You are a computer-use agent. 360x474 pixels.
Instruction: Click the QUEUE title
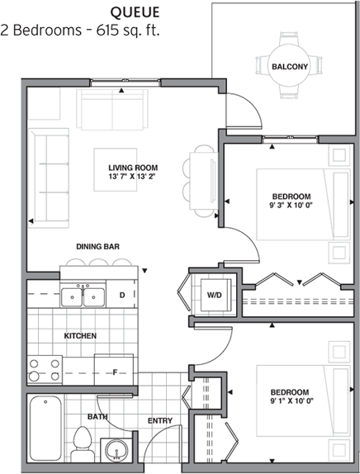[135, 12]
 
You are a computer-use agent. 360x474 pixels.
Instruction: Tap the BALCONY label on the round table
[290, 67]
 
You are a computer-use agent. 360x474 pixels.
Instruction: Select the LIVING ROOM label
[133, 168]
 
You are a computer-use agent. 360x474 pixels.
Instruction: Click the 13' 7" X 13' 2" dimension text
[133, 177]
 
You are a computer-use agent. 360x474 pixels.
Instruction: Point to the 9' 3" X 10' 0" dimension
[291, 206]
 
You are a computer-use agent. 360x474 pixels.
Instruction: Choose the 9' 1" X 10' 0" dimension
[291, 401]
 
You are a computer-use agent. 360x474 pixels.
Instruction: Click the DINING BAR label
[97, 247]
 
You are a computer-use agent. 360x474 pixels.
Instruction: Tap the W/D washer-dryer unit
[216, 295]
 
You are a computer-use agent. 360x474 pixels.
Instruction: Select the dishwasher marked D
[121, 295]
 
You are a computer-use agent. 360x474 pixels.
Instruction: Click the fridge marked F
[114, 370]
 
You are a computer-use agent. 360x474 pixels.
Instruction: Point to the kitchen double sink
[83, 296]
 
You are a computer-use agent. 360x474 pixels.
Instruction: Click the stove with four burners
[45, 370]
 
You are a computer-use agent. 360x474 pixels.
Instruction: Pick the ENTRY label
[160, 421]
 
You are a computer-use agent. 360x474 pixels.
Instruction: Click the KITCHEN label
[80, 336]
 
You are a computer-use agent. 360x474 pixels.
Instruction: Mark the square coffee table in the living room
[115, 169]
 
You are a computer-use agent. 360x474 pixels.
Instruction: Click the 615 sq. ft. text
[128, 31]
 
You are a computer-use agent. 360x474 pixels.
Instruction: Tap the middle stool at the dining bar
[98, 263]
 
